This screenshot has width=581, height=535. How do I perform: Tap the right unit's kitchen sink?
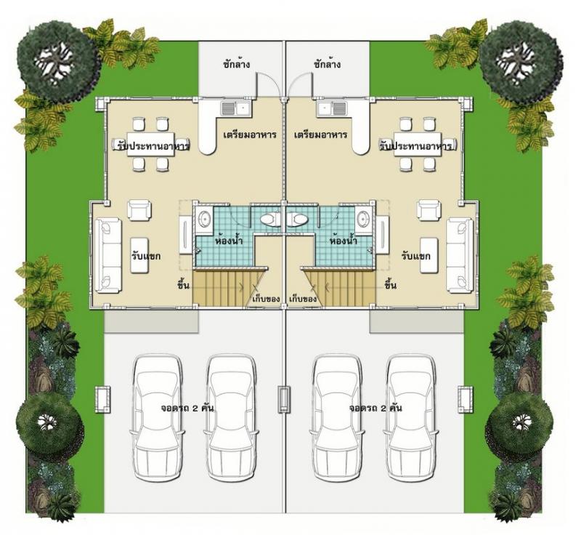click(x=332, y=108)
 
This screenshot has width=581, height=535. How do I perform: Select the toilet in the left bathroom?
click(x=271, y=220)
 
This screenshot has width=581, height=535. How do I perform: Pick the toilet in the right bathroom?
click(x=297, y=220)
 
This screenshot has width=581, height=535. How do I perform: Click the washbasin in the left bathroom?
click(x=203, y=219)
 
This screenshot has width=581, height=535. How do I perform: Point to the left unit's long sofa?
click(x=108, y=255)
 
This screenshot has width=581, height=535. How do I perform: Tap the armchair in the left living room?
click(x=139, y=210)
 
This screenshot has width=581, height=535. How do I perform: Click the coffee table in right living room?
click(x=429, y=255)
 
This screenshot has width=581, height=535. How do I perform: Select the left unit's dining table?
click(x=151, y=144)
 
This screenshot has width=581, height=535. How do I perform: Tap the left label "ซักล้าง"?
click(x=237, y=64)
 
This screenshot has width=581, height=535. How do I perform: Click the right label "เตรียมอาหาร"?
click(x=320, y=134)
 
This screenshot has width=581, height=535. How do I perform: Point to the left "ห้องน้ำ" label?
click(x=229, y=241)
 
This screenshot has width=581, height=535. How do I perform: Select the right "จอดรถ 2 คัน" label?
click(x=375, y=409)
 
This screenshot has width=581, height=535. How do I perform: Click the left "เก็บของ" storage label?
click(x=264, y=299)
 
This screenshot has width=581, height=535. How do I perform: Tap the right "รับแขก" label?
click(x=415, y=256)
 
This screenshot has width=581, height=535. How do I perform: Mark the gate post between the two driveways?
click(x=284, y=400)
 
